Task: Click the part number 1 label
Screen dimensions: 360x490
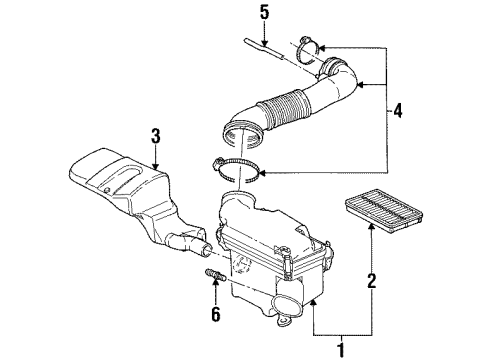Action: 340,349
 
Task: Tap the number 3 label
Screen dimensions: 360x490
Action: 156,136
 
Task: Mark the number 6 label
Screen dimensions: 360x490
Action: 215,316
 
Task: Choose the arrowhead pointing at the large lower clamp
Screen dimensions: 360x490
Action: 261,173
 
